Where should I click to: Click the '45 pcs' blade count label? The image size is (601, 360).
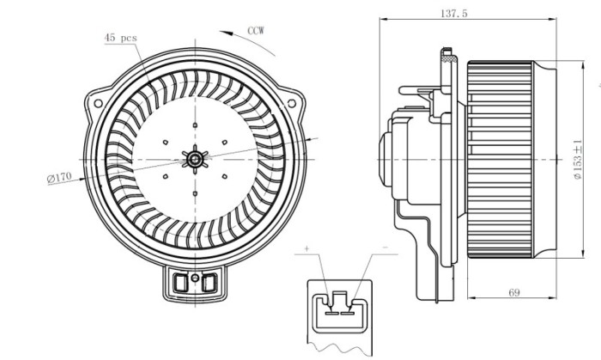click(119, 38)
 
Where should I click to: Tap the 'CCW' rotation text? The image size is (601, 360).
click(256, 30)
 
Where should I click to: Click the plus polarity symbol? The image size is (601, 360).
click(306, 248)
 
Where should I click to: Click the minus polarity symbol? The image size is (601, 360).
click(384, 247)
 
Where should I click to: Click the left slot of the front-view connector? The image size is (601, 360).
click(182, 281)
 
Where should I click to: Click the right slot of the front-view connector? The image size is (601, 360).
click(209, 281)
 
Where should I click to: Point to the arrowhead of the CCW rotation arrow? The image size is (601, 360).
click(222, 32)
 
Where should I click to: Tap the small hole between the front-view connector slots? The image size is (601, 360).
click(196, 280)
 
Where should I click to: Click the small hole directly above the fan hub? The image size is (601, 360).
click(196, 125)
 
